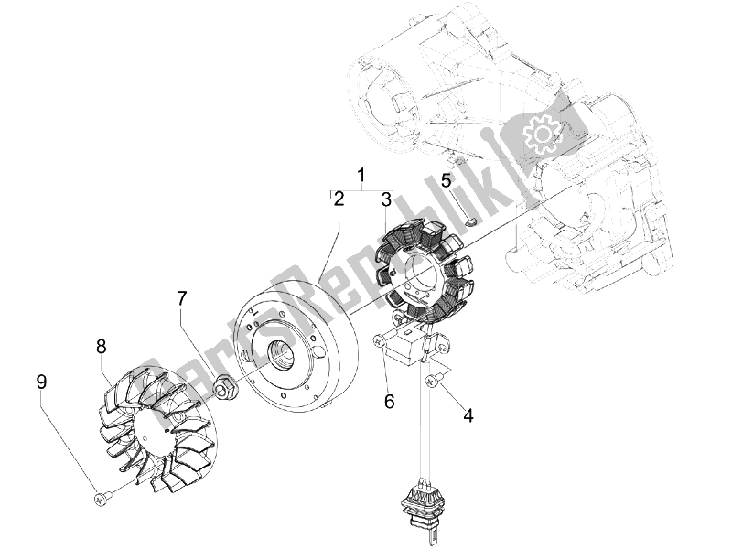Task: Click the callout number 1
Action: (x=361, y=175)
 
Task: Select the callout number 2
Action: (x=339, y=198)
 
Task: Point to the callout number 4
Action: (x=468, y=414)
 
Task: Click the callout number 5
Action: (x=447, y=181)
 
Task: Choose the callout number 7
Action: (x=182, y=298)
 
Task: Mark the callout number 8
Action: (x=102, y=346)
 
